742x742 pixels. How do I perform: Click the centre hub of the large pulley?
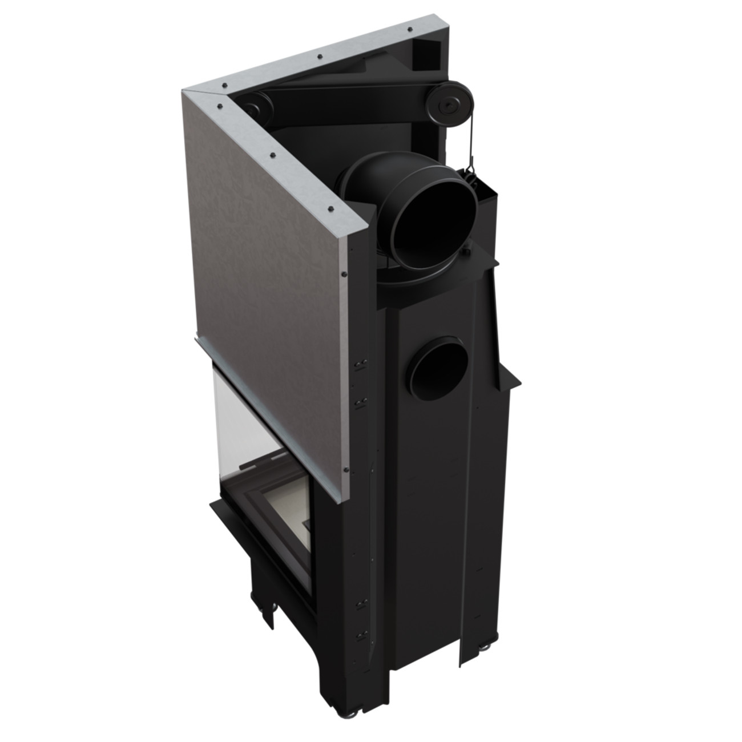pos(446,105)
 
